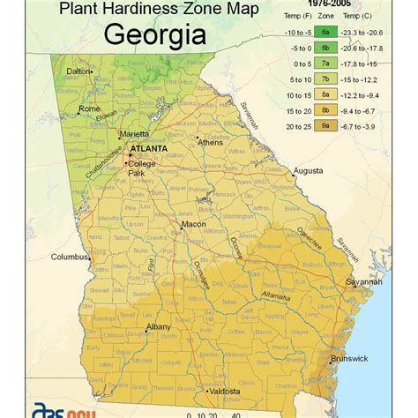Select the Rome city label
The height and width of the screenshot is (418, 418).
point(90,108)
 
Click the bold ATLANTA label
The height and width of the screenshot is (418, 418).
point(147,150)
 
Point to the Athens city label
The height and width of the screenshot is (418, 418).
point(210,142)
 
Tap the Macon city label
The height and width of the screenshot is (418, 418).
point(193,225)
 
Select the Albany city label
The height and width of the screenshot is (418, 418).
point(159,327)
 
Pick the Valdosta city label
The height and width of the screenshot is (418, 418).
point(225,391)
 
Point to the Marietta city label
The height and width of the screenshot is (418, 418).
point(134,135)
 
